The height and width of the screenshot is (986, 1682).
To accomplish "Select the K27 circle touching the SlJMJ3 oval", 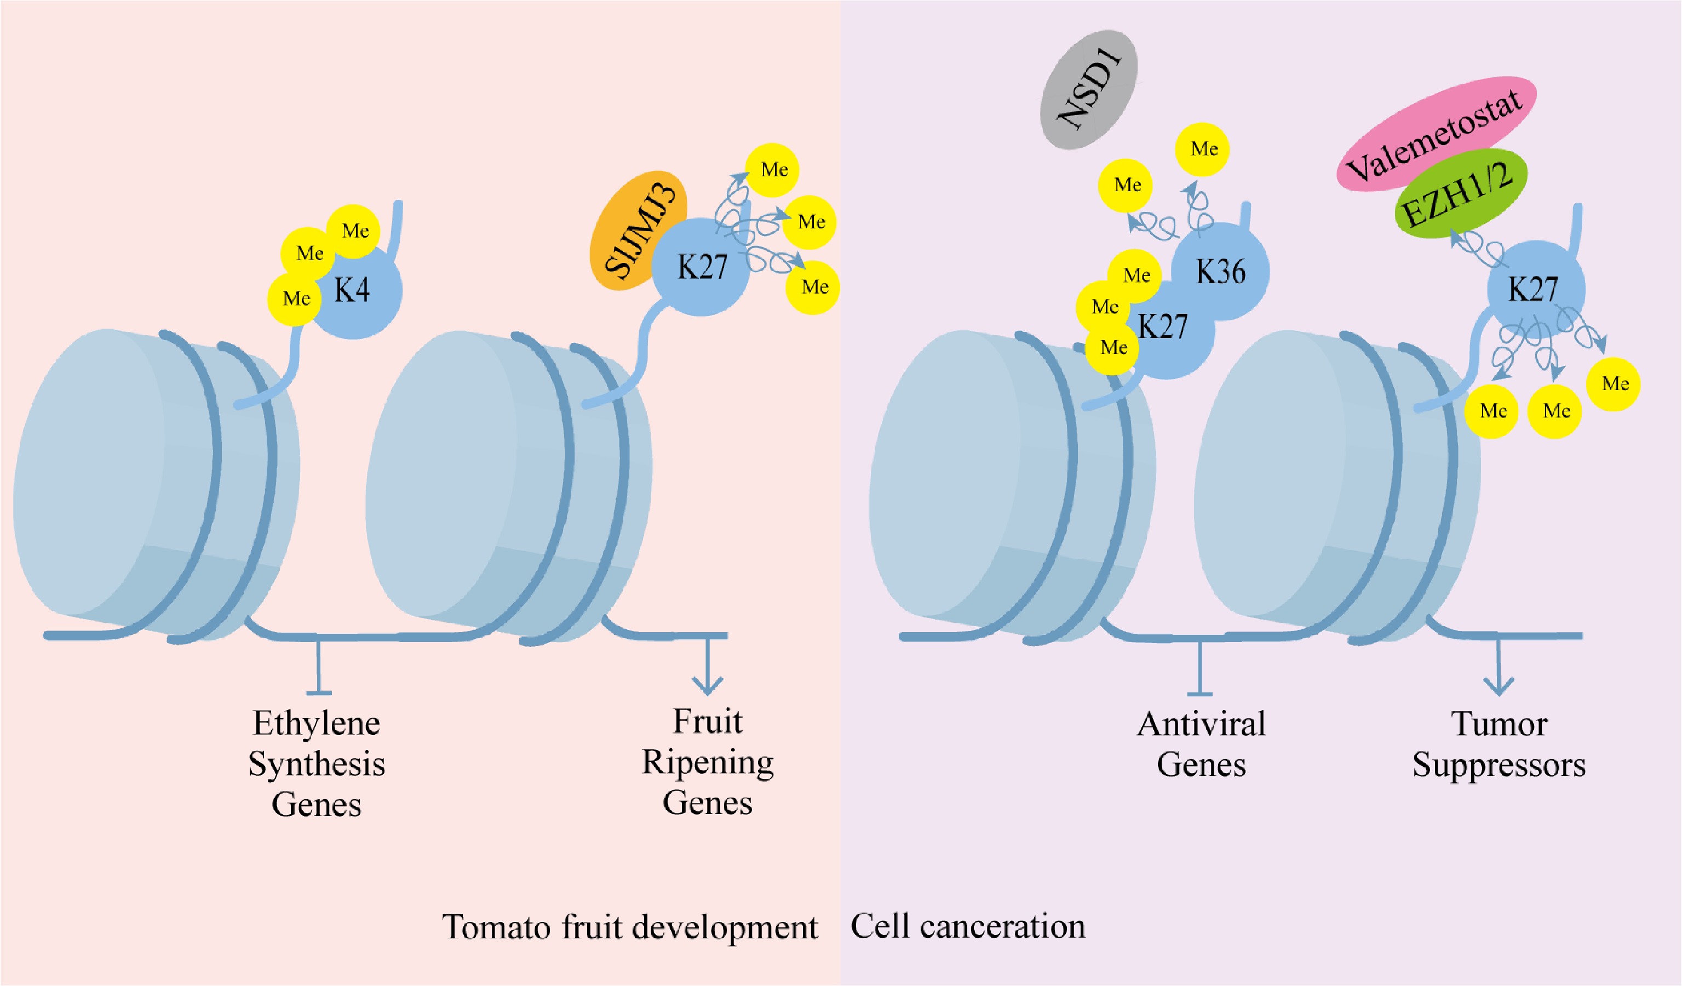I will click(701, 267).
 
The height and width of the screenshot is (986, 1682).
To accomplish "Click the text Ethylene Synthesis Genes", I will click(317, 764).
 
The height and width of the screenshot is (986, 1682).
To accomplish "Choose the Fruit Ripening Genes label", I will click(708, 762).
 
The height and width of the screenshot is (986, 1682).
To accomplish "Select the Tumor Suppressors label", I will click(1499, 744).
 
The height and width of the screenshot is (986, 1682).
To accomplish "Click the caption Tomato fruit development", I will click(629, 927).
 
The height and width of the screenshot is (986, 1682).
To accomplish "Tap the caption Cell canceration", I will click(968, 927).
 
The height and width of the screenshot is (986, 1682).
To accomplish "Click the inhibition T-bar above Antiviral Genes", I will click(1200, 668).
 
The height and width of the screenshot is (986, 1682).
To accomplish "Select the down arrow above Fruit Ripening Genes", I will click(708, 668).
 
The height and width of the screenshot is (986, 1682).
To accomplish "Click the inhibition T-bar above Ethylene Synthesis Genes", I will click(318, 668).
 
